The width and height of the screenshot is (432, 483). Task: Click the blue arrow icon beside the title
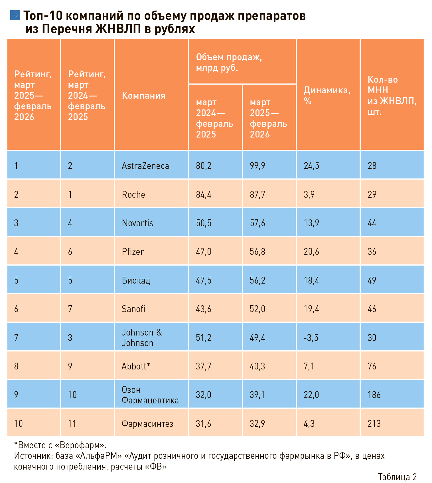[x=15, y=15]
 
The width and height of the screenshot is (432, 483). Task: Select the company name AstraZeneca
[x=145, y=166]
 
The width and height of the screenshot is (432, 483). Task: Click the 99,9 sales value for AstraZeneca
[x=257, y=166]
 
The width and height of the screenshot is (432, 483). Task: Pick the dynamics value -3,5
[x=311, y=338]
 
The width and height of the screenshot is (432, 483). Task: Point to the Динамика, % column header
[x=327, y=95]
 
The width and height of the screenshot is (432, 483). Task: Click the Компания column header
[x=143, y=95]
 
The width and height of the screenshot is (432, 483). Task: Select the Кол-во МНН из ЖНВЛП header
[x=392, y=95]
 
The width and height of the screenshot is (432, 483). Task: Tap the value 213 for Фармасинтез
[x=374, y=424]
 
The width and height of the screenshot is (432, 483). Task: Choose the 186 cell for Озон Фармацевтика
[x=374, y=395]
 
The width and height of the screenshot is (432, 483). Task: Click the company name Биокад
[x=136, y=280]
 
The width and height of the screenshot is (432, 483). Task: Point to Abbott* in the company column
[x=136, y=366]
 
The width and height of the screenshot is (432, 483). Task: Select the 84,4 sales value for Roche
[x=204, y=195]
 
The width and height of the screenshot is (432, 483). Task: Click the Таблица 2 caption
[x=397, y=477]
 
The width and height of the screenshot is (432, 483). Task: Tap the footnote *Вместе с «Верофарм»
[x=60, y=445]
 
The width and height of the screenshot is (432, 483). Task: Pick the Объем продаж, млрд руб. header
[x=229, y=62]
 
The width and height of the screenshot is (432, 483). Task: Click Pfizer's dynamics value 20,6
[x=311, y=252]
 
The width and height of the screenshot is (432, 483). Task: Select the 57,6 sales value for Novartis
[x=257, y=223]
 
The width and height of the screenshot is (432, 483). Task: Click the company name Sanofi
[x=133, y=309]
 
